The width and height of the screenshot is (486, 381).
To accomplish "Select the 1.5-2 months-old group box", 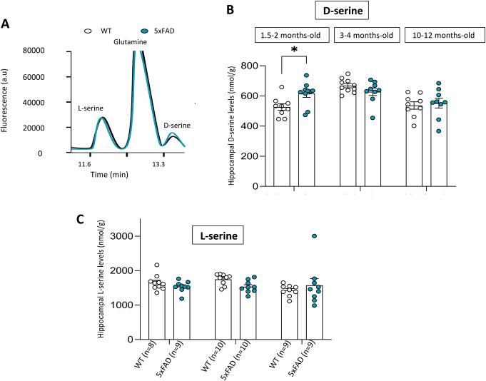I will pos(293,36).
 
